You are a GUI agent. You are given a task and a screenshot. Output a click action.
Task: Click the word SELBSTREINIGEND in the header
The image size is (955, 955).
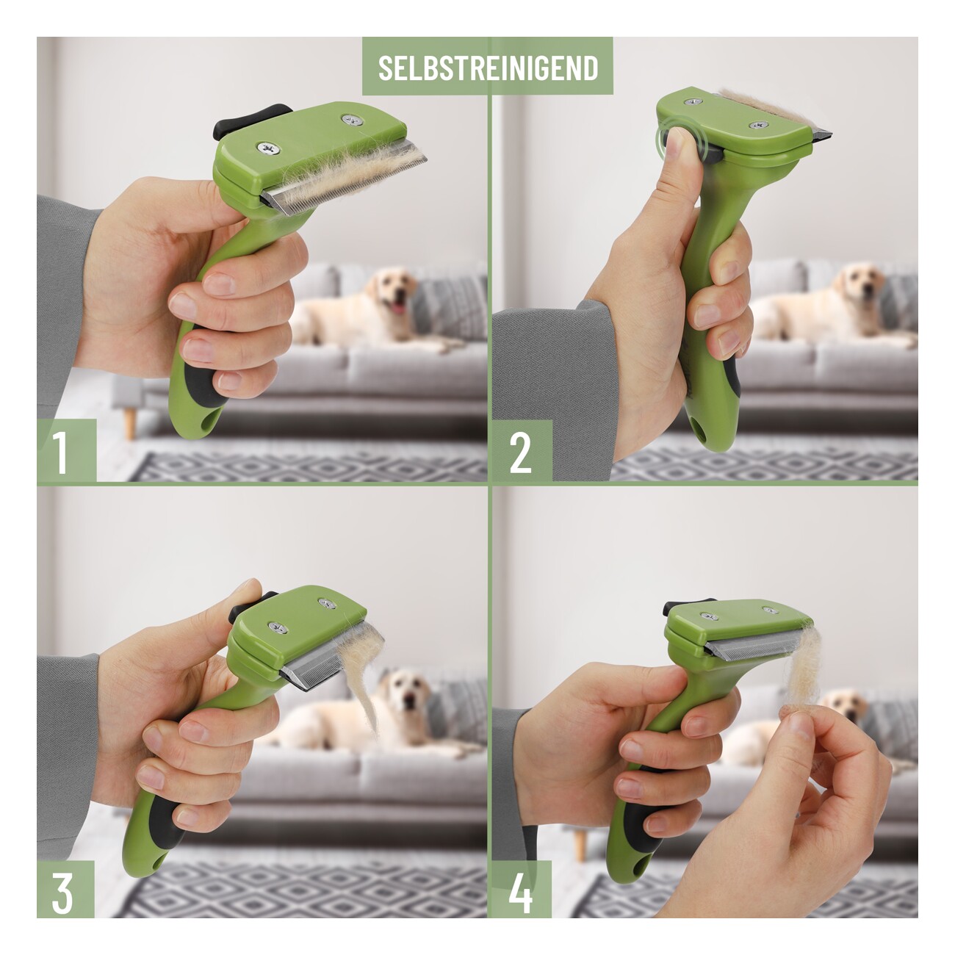pos(489,68)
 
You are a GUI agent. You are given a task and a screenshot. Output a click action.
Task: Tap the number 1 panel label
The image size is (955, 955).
pos(60,452)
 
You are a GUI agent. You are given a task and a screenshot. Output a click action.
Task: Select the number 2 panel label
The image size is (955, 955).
pos(520,453)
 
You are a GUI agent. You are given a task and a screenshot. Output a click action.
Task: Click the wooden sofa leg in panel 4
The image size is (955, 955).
pos(580,846)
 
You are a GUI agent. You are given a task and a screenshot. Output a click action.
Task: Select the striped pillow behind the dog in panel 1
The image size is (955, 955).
pos(449,305)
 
